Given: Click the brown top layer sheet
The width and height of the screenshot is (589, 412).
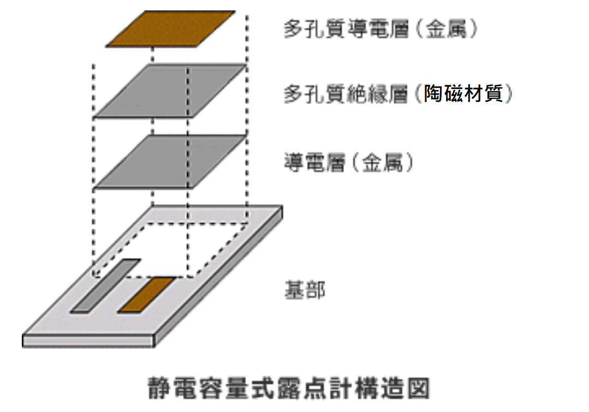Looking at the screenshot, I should tap(170, 29).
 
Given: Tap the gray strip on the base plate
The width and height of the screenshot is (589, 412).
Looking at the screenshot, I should tap(105, 285).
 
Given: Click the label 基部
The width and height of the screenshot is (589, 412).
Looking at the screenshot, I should tap(305, 290).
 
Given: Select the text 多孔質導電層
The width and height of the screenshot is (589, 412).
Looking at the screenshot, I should tap(346, 29).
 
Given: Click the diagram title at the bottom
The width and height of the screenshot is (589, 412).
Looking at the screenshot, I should tap(289, 388).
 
